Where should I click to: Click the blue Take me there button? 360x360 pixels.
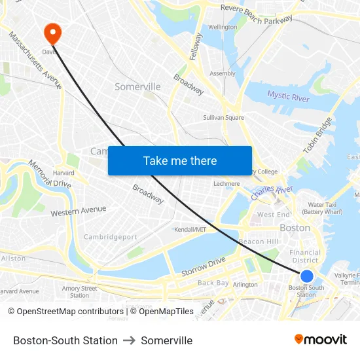[x=180, y=160]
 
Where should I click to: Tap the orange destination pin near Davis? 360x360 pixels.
[x=51, y=33]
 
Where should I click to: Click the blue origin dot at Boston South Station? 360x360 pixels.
[x=306, y=276]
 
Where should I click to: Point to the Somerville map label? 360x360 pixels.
[x=137, y=86]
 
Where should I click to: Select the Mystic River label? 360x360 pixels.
[x=288, y=97]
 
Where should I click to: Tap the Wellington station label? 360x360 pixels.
[x=223, y=27]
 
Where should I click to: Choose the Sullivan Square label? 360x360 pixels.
[x=223, y=118]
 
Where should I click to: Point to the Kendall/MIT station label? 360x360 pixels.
[x=190, y=230]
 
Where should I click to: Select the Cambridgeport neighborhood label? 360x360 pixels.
[x=111, y=237]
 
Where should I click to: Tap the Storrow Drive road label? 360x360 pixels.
[x=203, y=266]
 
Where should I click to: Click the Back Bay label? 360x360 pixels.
[x=213, y=283]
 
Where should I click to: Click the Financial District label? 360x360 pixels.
[x=305, y=256]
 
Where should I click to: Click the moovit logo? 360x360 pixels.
[x=321, y=339]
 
